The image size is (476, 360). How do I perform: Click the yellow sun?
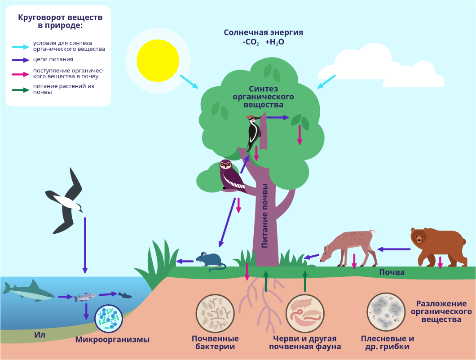158,61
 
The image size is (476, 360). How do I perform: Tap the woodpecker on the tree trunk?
253,132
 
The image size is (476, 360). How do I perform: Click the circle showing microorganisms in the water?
108,319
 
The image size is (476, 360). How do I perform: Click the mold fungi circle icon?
386,312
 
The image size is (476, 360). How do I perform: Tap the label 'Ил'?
40,335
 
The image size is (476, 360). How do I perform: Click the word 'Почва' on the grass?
392,272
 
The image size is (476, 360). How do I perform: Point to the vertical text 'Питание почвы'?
264,216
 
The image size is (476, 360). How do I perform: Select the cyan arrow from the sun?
189,82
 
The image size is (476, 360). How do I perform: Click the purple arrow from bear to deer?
394,249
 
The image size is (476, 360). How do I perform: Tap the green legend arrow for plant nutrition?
20,90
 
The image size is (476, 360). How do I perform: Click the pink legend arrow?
20,74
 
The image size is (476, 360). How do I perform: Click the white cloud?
381,67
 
